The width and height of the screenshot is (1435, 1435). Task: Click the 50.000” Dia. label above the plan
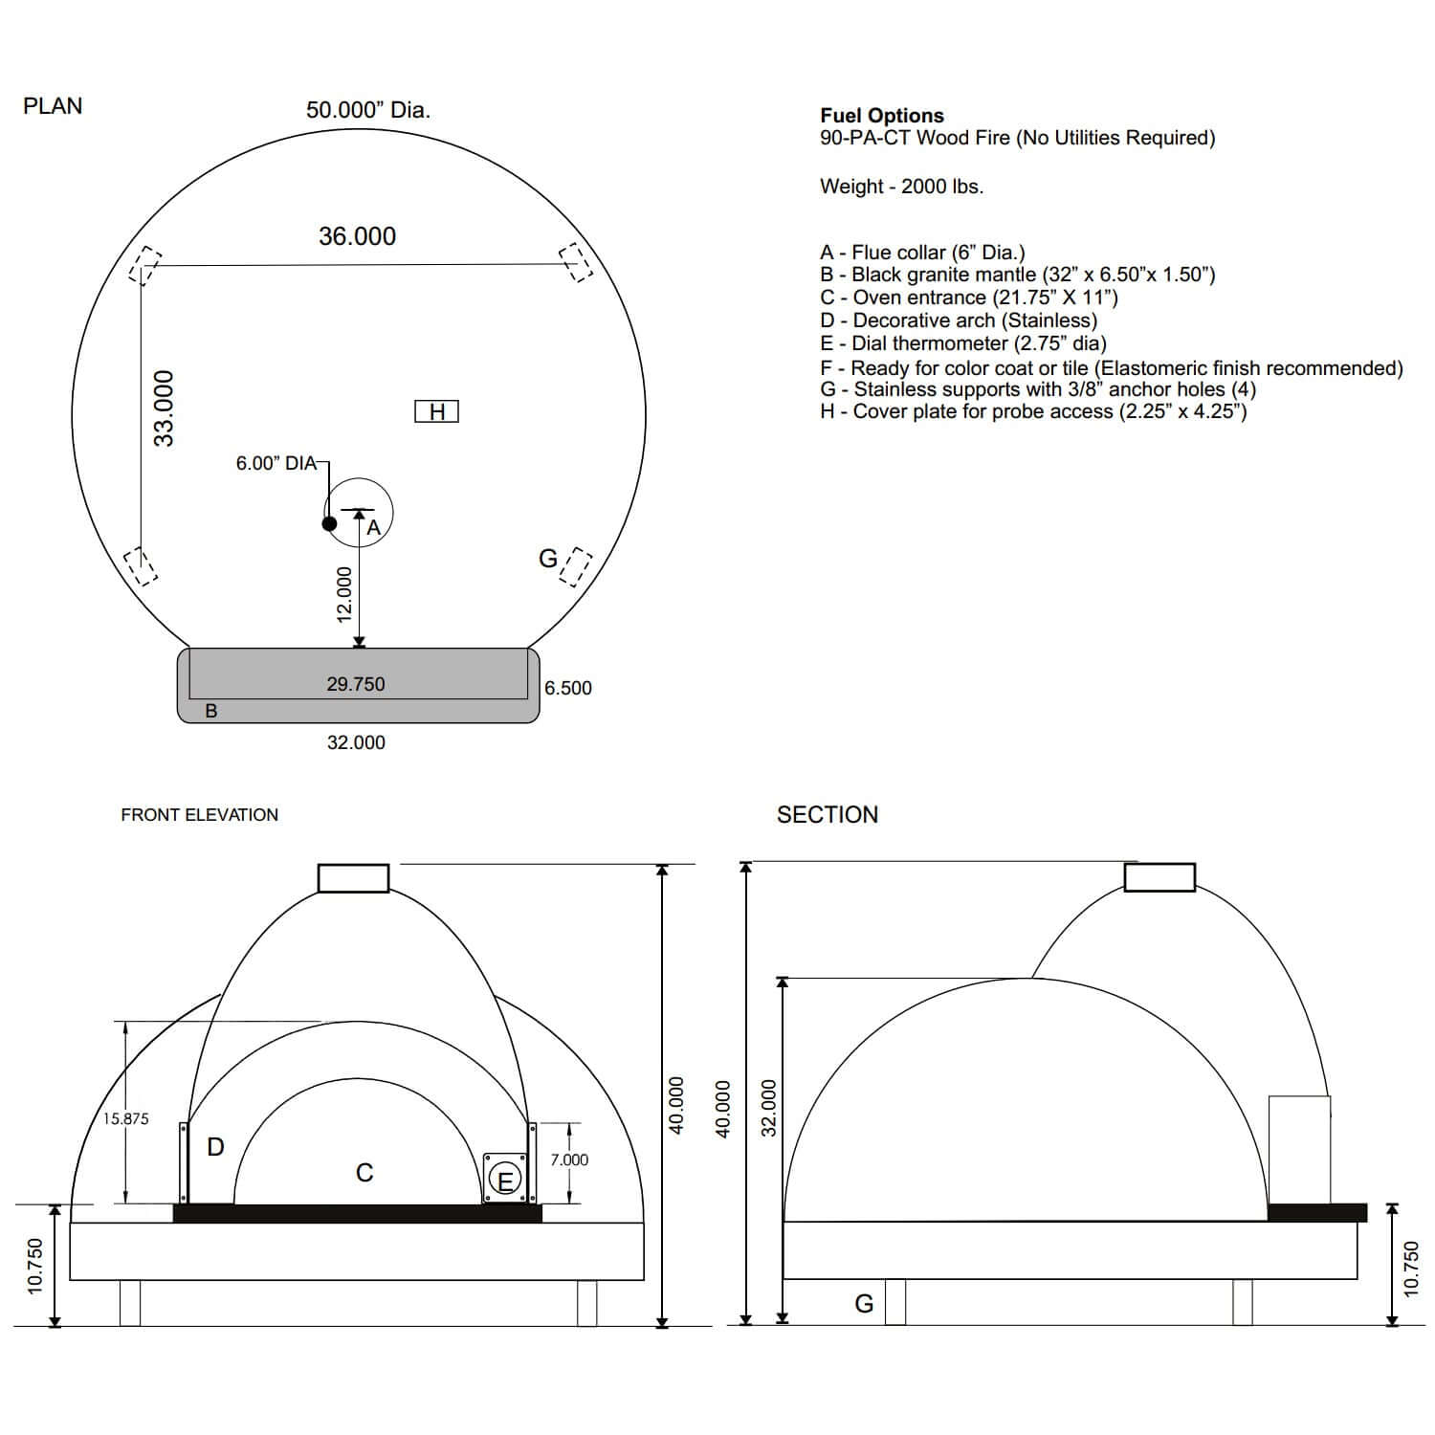[368, 110]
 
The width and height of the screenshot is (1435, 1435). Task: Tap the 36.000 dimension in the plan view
[357, 236]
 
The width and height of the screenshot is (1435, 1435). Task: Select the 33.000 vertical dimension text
[165, 408]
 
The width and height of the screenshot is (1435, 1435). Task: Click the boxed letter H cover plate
[436, 411]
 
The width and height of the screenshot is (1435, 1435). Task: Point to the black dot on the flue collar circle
[329, 523]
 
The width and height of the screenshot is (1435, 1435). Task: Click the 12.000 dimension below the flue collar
[345, 594]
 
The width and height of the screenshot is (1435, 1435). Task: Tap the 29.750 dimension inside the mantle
[356, 684]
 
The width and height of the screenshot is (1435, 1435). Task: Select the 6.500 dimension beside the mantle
[568, 688]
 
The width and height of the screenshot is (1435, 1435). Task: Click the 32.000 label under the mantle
[356, 742]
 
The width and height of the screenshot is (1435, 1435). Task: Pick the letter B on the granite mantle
[211, 711]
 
